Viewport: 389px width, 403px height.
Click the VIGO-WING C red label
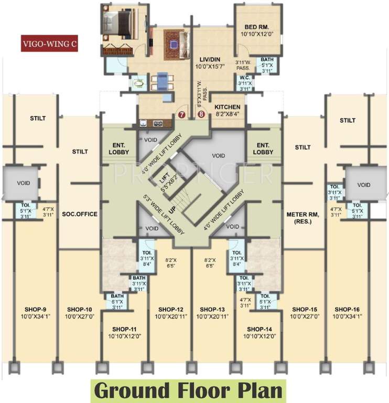(49, 44)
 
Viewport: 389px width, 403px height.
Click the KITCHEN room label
(227, 106)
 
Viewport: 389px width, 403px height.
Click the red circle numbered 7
(182, 113)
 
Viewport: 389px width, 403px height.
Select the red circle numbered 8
(201, 113)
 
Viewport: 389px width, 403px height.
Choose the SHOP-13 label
(212, 309)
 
